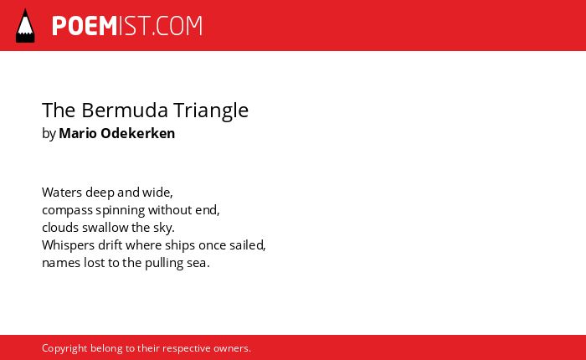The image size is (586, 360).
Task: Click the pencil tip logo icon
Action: [25, 25]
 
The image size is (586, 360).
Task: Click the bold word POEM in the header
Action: [85, 26]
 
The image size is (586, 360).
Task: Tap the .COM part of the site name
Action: [177, 26]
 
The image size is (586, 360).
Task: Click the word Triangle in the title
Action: [211, 111]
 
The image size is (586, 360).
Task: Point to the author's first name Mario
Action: [78, 133]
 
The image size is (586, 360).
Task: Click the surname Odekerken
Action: [138, 133]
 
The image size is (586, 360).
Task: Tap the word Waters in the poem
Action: [62, 193]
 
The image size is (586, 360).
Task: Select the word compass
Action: [67, 210]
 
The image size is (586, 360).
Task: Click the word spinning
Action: [121, 210]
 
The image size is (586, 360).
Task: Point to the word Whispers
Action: [69, 245]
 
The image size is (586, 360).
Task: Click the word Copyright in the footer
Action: [64, 348]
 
